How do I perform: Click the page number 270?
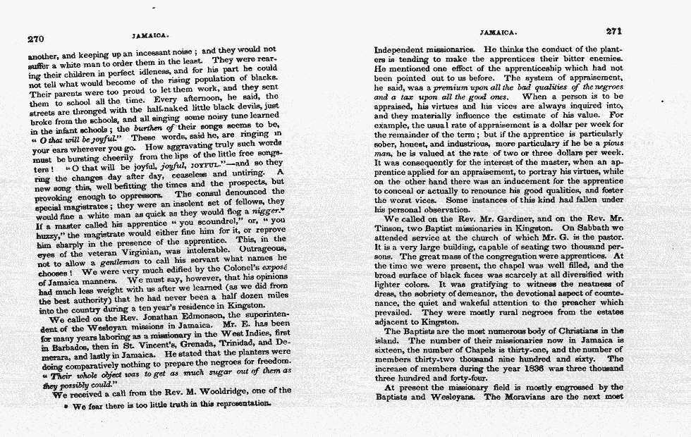[35, 39]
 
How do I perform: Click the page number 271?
[615, 32]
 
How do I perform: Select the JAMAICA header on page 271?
[499, 32]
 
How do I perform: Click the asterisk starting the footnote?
[66, 407]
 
